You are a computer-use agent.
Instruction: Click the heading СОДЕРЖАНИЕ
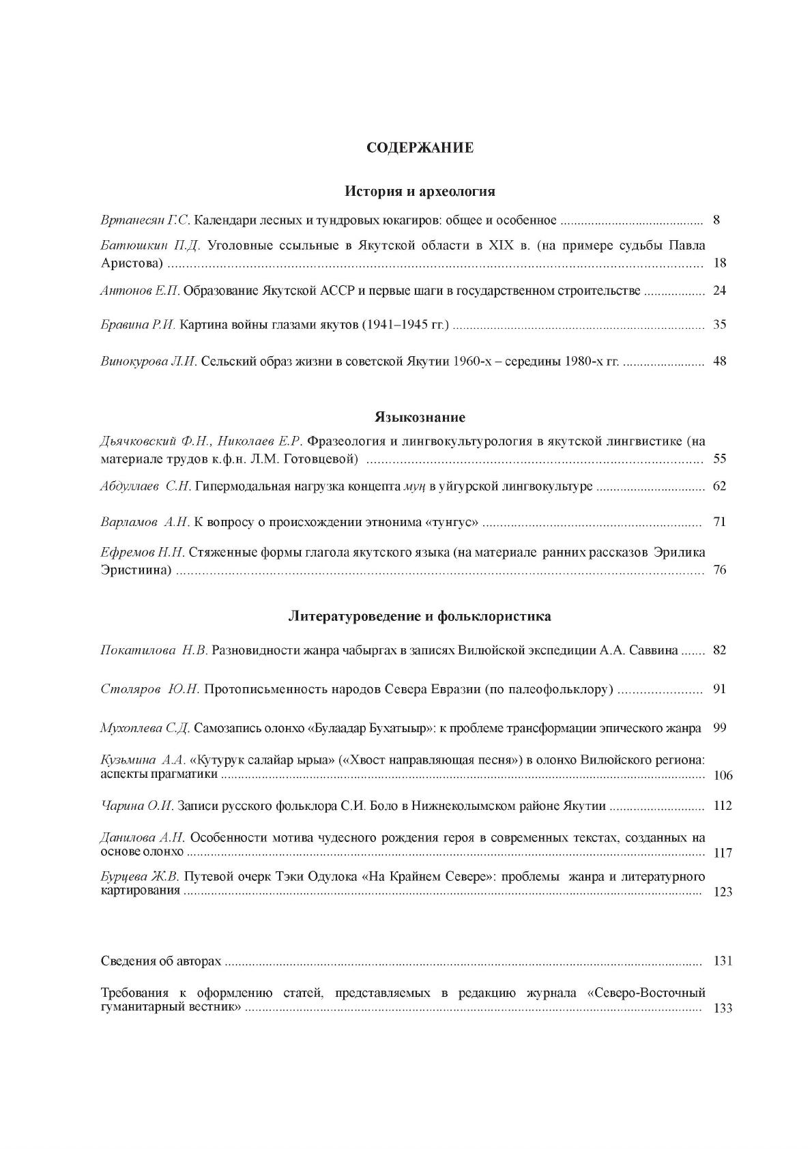tap(420, 148)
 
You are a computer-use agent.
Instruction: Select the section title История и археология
tap(420, 191)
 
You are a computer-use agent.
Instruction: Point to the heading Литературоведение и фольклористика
tap(420, 616)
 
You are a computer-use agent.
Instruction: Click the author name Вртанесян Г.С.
tap(146, 220)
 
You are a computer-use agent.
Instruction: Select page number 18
tap(719, 263)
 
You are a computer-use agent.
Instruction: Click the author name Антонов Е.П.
tap(140, 291)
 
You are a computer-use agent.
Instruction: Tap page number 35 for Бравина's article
tap(719, 325)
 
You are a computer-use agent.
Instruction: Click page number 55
tap(719, 459)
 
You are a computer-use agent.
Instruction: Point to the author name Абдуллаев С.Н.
tap(145, 486)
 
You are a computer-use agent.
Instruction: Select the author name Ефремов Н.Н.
tap(141, 552)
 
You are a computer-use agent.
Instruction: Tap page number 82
tap(719, 650)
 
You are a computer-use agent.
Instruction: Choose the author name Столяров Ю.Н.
tap(149, 689)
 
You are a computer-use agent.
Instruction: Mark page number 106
tap(722, 776)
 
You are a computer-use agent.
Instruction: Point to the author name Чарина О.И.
tap(137, 806)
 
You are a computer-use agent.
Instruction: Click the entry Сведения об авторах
tap(161, 961)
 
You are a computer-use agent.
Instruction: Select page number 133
tap(722, 1008)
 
